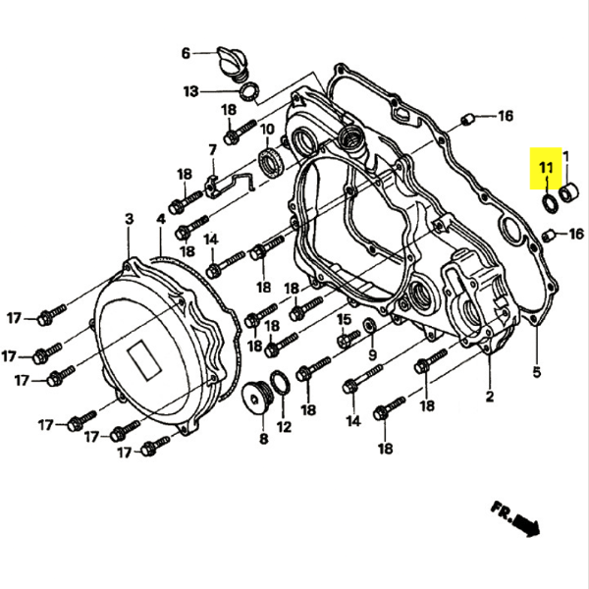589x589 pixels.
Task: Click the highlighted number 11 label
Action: pos(546,173)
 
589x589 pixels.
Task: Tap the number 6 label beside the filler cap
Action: pos(185,53)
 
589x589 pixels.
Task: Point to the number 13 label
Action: pos(190,92)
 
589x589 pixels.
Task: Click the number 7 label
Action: pos(211,150)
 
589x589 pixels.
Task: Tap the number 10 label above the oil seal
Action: pos(265,129)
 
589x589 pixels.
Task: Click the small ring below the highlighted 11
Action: pos(548,202)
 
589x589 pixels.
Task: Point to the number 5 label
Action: pos(537,372)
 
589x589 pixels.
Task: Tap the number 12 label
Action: pos(284,427)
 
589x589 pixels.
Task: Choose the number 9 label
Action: pos(372,354)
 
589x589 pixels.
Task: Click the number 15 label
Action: pos(345,320)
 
